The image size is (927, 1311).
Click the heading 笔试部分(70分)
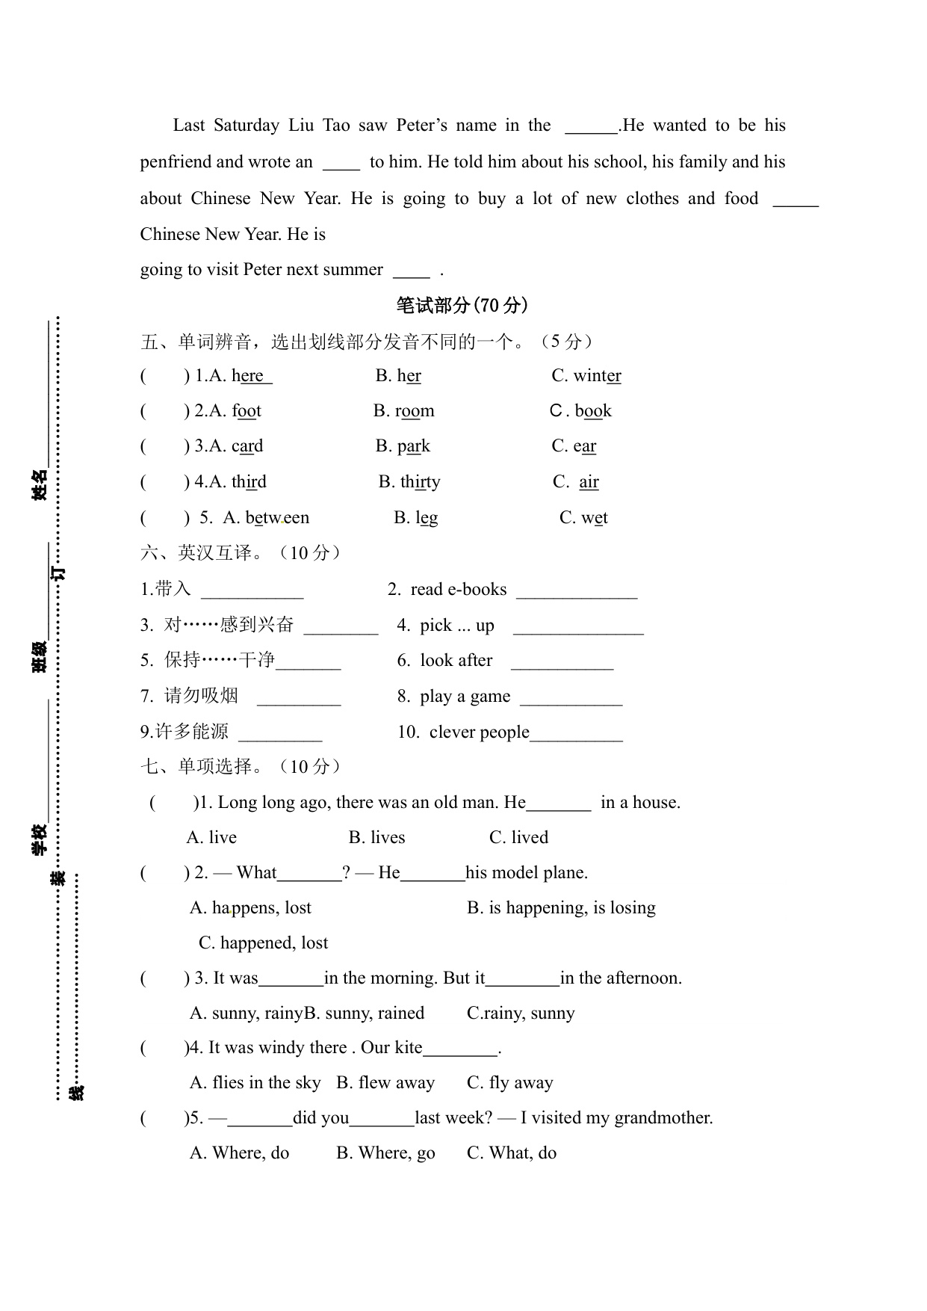(x=462, y=305)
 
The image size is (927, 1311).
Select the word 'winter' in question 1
(x=597, y=376)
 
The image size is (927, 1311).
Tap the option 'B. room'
(x=404, y=411)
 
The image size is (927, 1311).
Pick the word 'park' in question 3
(x=413, y=446)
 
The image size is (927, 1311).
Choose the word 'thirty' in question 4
(x=420, y=482)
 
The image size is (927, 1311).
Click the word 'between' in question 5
(x=277, y=518)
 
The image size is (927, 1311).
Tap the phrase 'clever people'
(x=479, y=732)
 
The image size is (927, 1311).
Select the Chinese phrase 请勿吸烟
(x=201, y=696)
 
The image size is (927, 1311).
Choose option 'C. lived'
(x=518, y=838)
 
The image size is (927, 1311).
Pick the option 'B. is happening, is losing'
(x=561, y=908)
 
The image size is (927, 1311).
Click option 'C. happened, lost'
(x=263, y=943)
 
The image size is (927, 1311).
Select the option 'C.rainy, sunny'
(x=521, y=1014)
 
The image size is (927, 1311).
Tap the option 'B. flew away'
(x=385, y=1083)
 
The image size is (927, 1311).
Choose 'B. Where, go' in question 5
(x=385, y=1153)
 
